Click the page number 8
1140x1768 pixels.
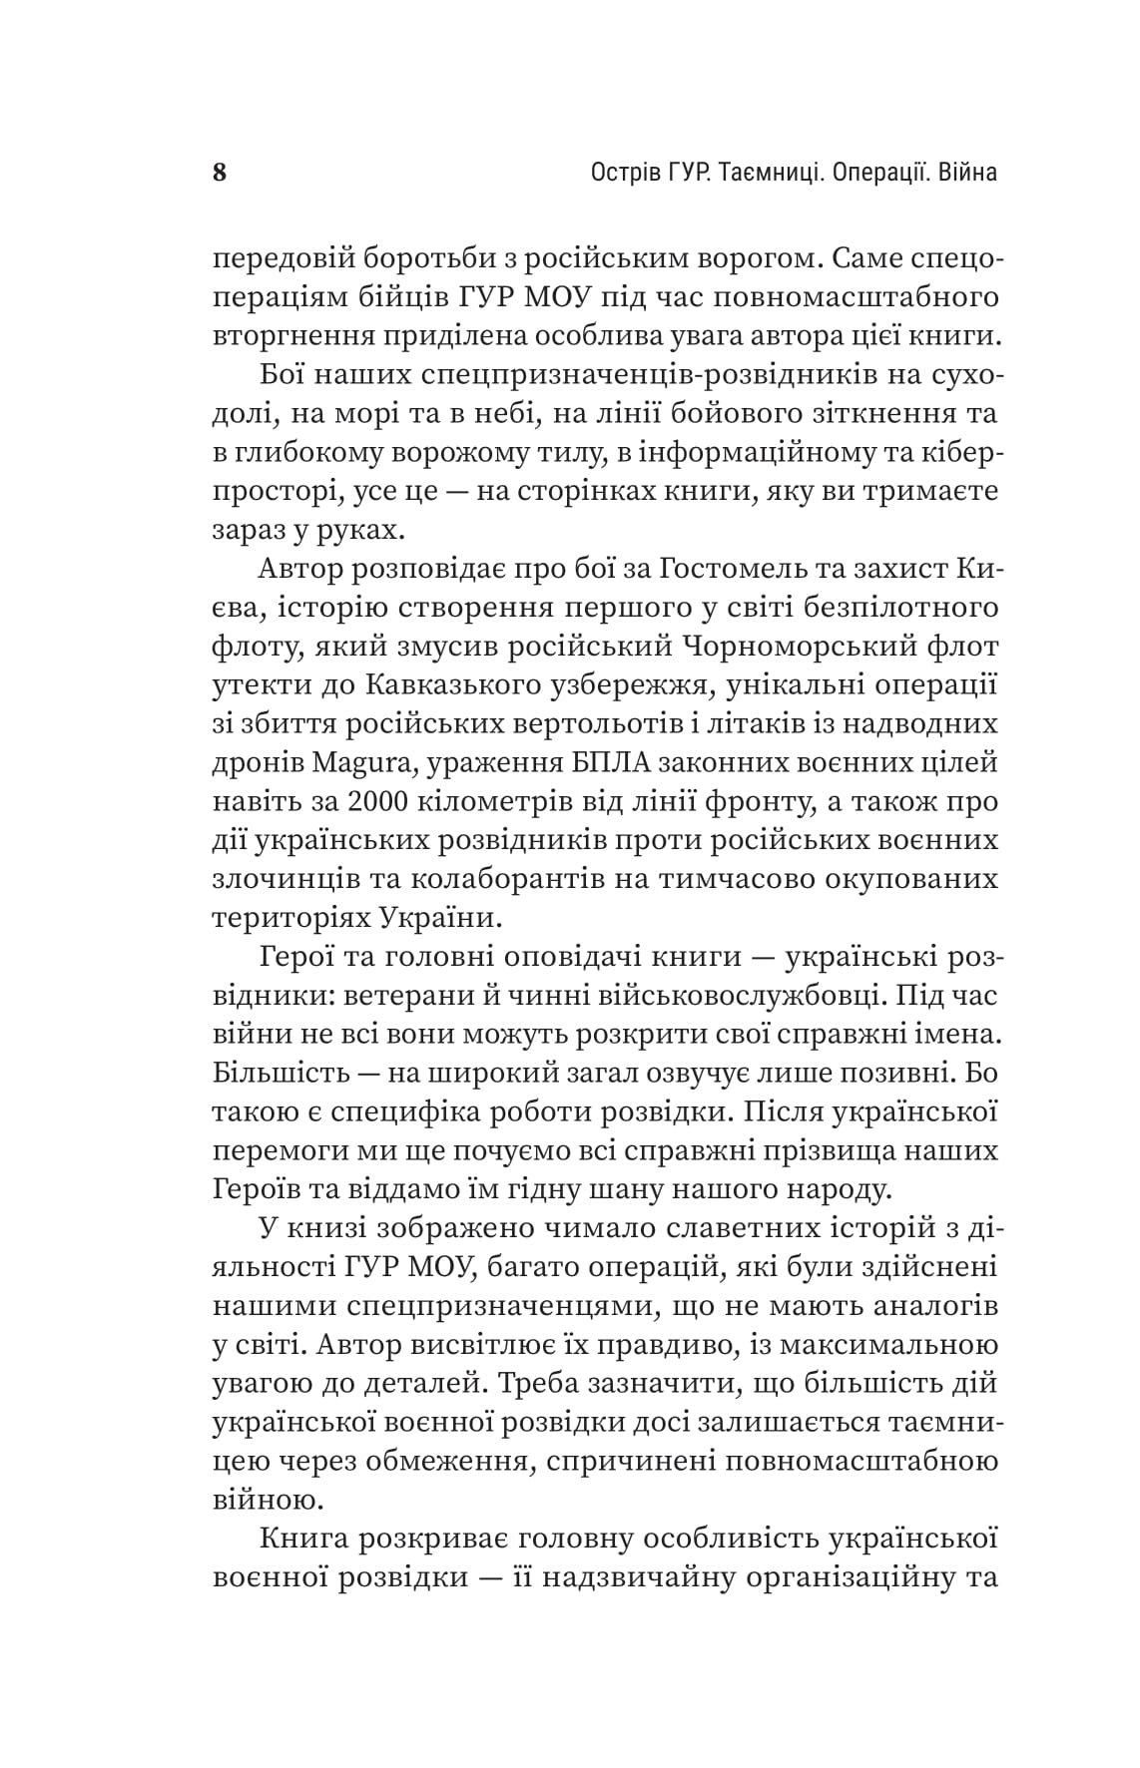point(221,173)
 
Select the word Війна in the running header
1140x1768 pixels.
point(963,173)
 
